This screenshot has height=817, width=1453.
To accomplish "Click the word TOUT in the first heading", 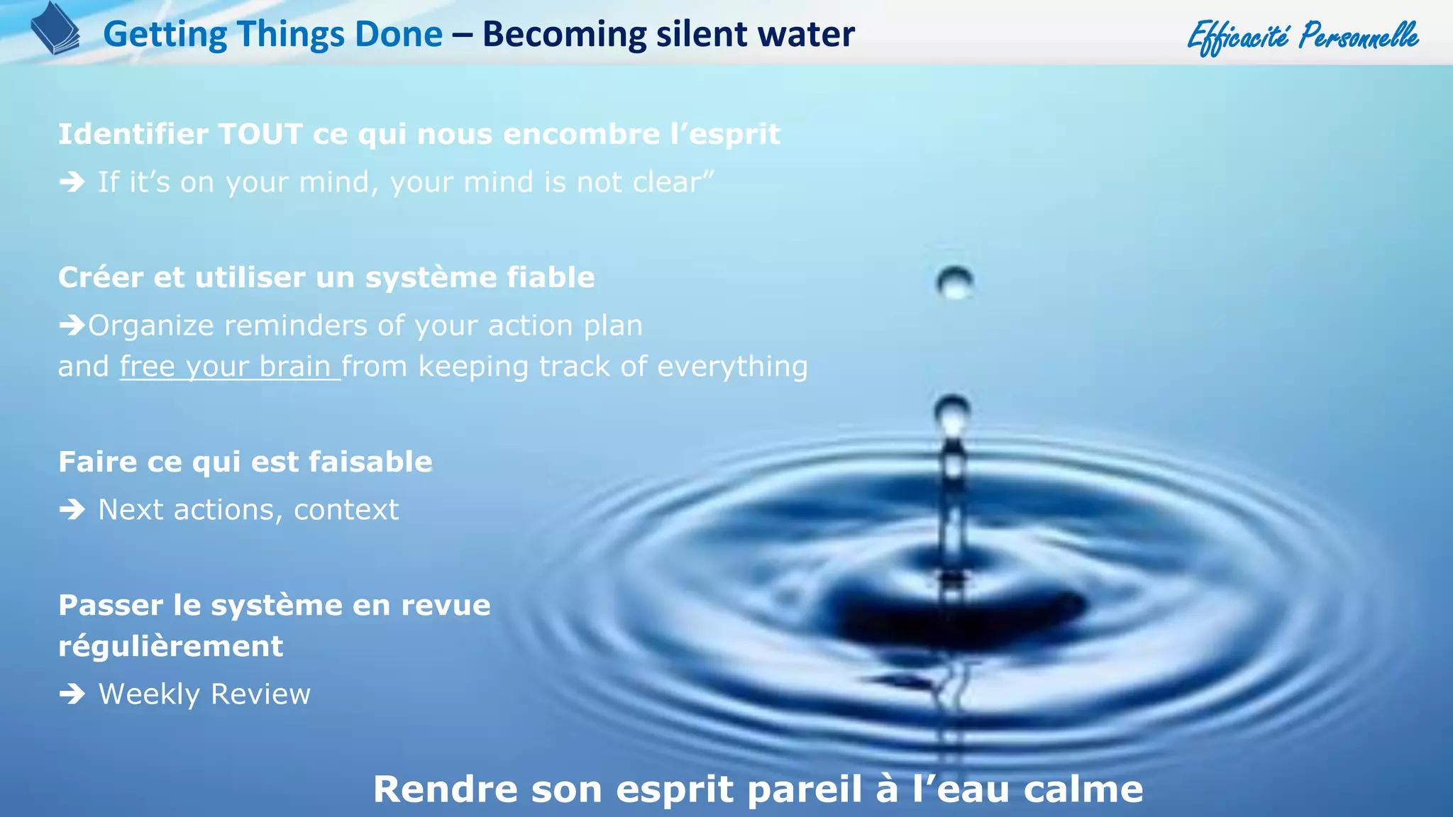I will [x=260, y=134].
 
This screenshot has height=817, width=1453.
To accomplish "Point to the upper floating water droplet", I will [x=954, y=282].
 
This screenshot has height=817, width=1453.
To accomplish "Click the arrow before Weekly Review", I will [x=72, y=694].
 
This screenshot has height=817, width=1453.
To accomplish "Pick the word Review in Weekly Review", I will [x=260, y=694].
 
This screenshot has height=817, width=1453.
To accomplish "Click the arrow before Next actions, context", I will [x=72, y=509].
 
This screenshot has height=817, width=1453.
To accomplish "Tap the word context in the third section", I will [x=346, y=510].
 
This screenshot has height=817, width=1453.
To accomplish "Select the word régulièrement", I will [x=170, y=647].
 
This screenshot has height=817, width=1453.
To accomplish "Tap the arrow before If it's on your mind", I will [x=72, y=182].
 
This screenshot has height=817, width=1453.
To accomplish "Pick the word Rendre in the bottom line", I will [x=446, y=789].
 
